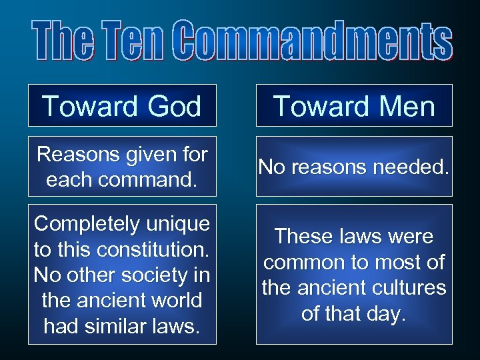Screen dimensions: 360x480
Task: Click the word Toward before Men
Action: [x=317, y=106]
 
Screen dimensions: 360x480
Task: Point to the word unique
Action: [x=180, y=224]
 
